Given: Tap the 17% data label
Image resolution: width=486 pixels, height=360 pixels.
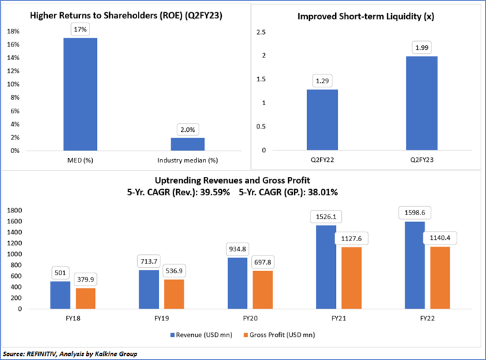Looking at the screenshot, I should pyautogui.click(x=81, y=28).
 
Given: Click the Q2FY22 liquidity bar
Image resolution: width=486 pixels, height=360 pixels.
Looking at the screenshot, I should pyautogui.click(x=321, y=120).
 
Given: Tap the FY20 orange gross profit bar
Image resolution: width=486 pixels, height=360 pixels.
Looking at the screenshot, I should pyautogui.click(x=262, y=290).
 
